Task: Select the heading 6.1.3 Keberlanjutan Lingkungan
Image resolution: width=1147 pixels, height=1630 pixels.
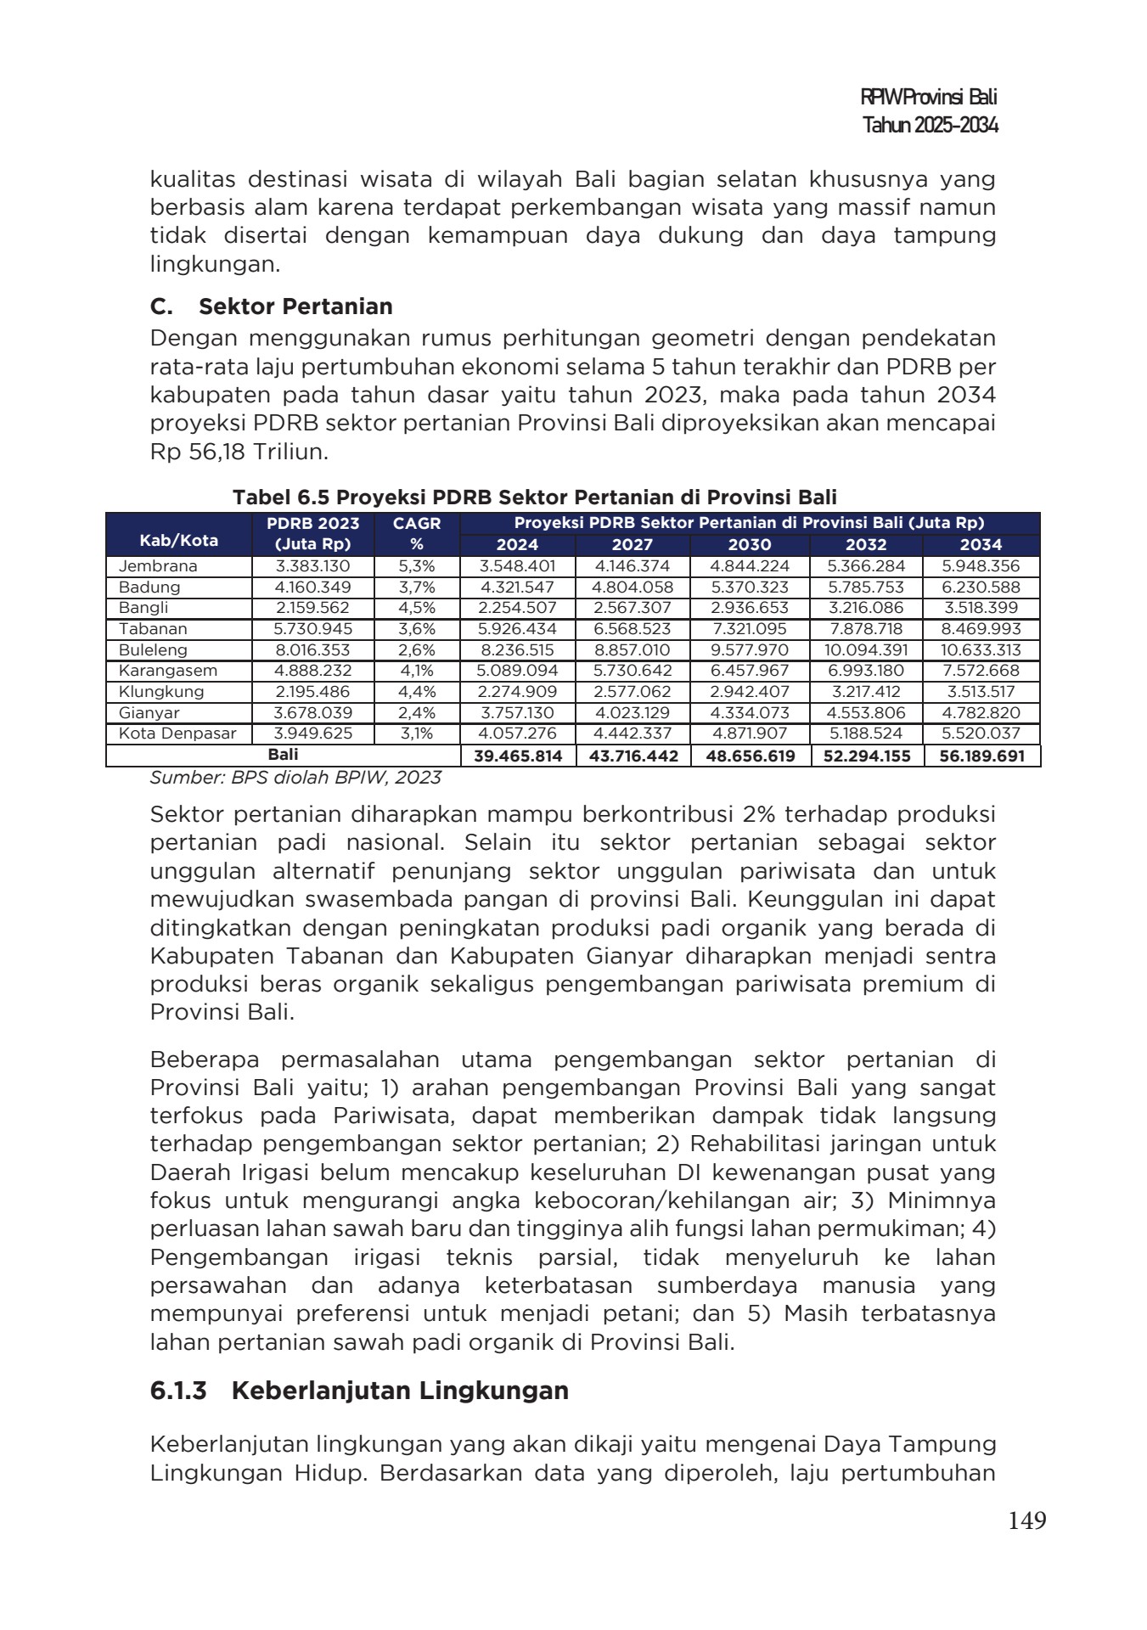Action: (358, 1391)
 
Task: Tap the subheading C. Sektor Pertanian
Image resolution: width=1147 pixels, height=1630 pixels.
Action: (271, 306)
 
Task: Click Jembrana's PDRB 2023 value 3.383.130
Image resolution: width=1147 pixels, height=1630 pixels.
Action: (312, 566)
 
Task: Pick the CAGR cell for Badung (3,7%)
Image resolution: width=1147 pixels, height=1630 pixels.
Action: (416, 587)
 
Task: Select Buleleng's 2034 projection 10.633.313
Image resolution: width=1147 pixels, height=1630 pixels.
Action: (981, 650)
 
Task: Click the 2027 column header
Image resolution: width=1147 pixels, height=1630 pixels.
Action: (633, 545)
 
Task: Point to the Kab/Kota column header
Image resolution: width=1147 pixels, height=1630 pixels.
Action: (178, 540)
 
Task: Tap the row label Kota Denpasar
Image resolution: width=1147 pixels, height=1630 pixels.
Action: (177, 733)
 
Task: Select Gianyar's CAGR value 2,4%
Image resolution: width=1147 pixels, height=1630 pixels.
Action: (416, 713)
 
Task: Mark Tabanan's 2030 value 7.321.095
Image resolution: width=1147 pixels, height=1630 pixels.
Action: (749, 629)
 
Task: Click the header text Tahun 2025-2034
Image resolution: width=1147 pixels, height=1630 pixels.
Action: (930, 126)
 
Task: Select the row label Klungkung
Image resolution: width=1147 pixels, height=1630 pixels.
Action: (161, 692)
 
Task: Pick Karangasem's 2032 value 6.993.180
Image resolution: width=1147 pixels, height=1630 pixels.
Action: (866, 671)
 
